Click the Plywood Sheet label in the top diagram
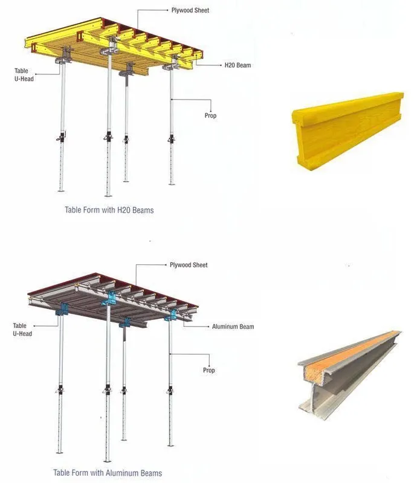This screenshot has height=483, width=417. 190,10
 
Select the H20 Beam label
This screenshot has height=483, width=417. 238,65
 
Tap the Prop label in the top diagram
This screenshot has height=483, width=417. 210,115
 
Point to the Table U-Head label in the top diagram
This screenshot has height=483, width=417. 24,74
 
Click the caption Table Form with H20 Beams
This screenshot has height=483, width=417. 109,210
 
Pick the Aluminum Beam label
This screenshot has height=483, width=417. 233,327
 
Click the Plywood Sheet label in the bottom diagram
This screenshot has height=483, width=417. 189,265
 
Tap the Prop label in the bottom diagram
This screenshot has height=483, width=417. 209,370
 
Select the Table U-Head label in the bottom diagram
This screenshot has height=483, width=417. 22,329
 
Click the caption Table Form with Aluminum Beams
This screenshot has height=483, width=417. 108,473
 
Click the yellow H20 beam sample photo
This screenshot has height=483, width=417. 347,131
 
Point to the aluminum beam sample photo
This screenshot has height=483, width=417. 349,375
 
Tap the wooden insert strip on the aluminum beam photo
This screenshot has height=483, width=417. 352,351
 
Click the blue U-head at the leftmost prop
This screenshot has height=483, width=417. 62,309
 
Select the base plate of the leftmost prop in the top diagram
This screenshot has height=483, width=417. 61,191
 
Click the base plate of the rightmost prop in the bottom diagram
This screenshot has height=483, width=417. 170,445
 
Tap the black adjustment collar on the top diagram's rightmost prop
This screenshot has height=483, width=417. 172,139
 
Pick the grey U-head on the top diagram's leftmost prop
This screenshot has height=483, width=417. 64,56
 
